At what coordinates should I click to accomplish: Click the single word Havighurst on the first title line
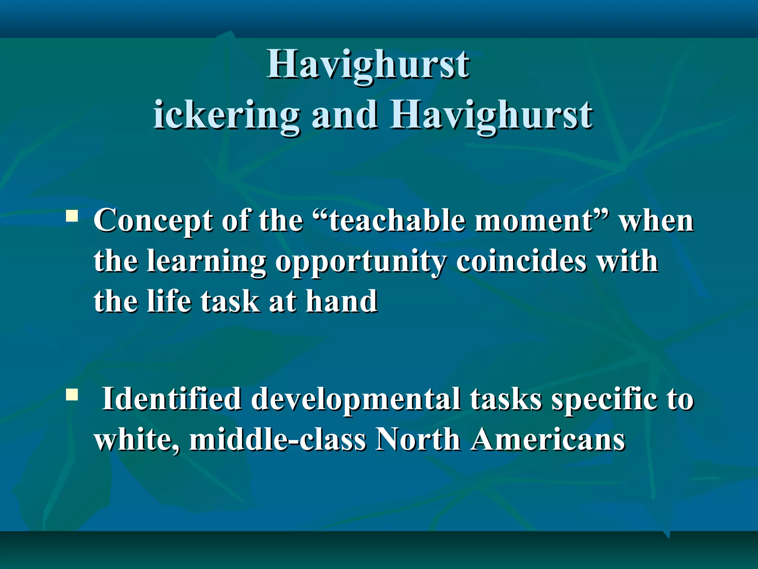pos(368,65)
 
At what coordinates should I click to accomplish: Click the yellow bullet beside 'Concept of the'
pos(71,216)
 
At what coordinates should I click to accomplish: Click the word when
pos(657,221)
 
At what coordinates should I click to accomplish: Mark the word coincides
pos(521,261)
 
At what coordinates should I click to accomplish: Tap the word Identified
pos(172,399)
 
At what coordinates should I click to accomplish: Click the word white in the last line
pos(137,440)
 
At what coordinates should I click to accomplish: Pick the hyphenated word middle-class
pos(278,440)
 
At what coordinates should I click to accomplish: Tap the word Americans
pos(548,440)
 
